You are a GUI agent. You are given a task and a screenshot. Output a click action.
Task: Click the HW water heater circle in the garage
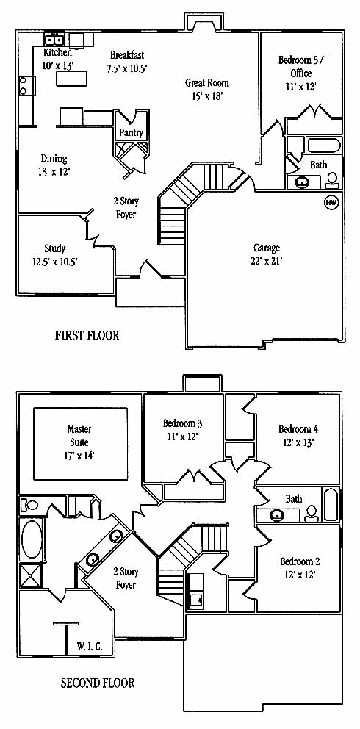tap(331, 203)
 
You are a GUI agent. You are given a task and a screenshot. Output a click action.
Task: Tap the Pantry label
tap(131, 133)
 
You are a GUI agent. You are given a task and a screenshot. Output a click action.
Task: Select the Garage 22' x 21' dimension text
tap(267, 261)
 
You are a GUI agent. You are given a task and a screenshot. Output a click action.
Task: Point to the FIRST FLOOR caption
tap(87, 335)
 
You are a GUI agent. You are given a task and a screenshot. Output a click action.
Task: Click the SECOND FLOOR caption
tap(98, 683)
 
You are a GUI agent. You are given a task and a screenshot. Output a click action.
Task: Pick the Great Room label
tap(207, 83)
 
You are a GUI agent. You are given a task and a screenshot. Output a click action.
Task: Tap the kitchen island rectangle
tap(72, 78)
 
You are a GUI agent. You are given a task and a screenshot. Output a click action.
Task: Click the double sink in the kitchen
tap(54, 39)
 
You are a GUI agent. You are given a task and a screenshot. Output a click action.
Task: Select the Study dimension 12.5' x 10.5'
tap(55, 262)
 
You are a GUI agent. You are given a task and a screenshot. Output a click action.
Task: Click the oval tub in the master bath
tap(32, 539)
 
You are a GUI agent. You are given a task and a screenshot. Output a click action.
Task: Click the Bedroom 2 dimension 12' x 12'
tap(298, 575)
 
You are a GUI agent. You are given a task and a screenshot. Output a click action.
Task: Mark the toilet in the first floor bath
tap(332, 179)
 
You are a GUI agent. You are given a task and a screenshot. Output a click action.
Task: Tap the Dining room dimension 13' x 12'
tap(54, 171)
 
